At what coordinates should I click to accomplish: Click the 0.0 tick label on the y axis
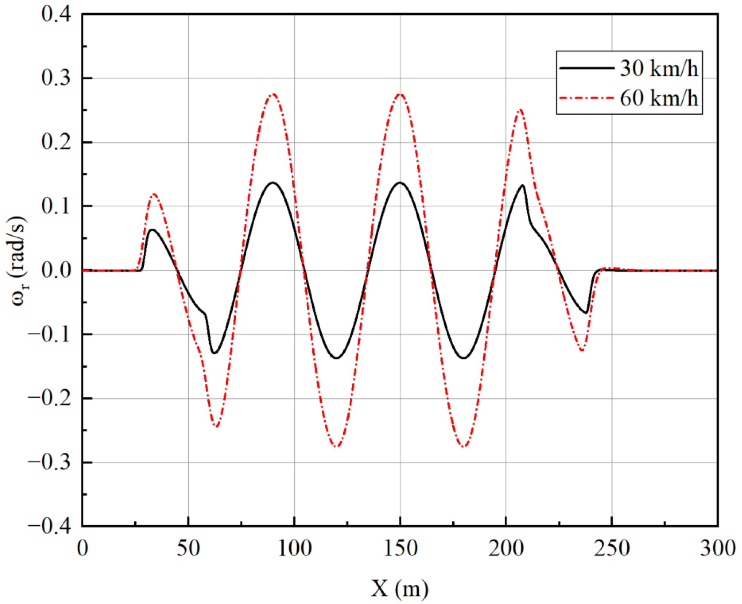[56, 270]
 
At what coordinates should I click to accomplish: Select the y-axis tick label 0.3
[56, 78]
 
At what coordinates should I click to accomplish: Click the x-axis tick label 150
[400, 548]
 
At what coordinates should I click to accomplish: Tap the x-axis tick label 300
[717, 548]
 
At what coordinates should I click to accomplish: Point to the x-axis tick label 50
[188, 548]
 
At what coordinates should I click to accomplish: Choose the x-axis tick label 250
[611, 548]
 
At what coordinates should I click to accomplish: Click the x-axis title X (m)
[400, 588]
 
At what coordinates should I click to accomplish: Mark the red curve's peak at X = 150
[400, 94]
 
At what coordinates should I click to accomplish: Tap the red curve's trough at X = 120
[336, 447]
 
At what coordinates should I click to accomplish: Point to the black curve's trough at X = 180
[464, 358]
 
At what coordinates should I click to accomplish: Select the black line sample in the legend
[587, 68]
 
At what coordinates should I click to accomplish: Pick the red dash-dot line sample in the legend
[587, 98]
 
